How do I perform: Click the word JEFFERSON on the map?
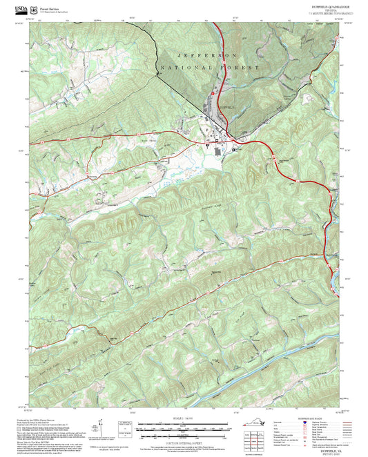tap(207, 55)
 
